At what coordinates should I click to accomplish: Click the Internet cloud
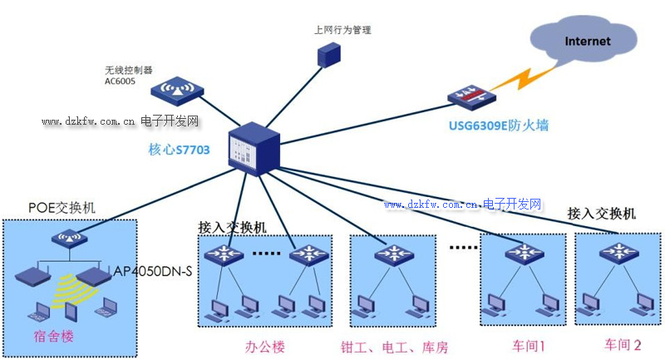(x=587, y=40)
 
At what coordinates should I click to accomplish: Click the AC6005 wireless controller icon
(x=176, y=89)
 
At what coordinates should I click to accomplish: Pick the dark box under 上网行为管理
(x=330, y=54)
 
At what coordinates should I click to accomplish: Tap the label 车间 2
(x=623, y=344)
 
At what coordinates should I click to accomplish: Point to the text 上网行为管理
(x=342, y=30)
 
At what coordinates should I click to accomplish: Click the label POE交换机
(x=62, y=207)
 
